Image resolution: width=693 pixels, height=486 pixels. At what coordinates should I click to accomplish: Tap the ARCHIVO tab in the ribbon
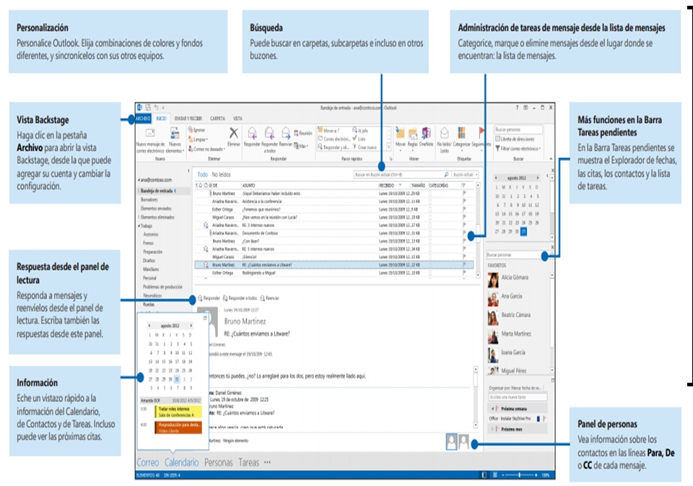coord(142,118)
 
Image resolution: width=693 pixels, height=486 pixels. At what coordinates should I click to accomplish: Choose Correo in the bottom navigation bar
coord(148,462)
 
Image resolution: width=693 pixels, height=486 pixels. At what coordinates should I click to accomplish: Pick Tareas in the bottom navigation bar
coord(248,462)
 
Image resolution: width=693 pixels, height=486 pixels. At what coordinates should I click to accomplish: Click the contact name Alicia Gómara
coord(515,277)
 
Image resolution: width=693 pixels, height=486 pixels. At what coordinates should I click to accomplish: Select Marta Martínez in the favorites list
coord(516,334)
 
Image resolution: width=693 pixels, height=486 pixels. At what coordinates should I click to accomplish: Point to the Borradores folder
coord(150,198)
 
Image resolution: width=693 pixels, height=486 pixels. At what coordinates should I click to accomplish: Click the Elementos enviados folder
coord(155,207)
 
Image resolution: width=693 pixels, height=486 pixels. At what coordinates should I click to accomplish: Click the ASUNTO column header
coord(248,186)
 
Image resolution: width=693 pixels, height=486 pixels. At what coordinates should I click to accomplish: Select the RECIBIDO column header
coord(388,186)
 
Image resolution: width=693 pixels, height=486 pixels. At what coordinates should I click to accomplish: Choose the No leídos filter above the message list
coord(221,175)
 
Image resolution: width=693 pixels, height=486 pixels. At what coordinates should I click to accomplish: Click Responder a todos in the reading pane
coord(243,298)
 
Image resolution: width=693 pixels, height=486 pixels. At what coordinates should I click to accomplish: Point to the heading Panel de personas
coord(607,424)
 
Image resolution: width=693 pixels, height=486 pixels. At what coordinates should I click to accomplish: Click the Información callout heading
coord(37,383)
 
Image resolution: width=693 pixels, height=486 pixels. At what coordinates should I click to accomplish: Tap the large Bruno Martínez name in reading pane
coord(245,321)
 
